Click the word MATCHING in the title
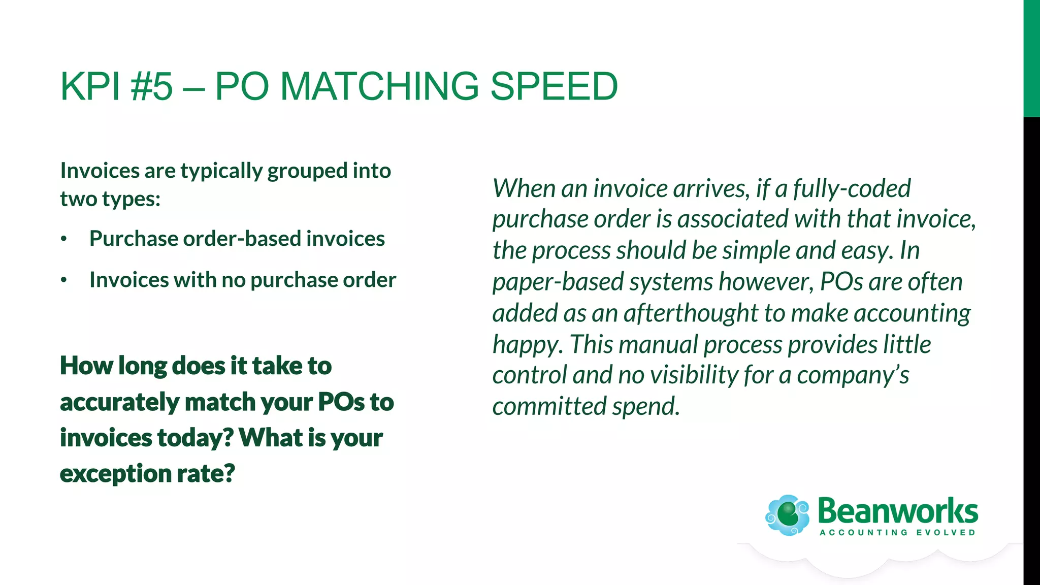(379, 86)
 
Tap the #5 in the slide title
(151, 86)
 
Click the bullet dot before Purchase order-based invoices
(63, 239)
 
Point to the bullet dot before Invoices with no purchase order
(63, 280)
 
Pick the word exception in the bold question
(115, 474)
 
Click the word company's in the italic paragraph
(853, 376)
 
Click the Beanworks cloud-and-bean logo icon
(787, 515)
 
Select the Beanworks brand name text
(897, 511)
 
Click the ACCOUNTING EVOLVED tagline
(897, 533)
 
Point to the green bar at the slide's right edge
(1031, 58)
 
